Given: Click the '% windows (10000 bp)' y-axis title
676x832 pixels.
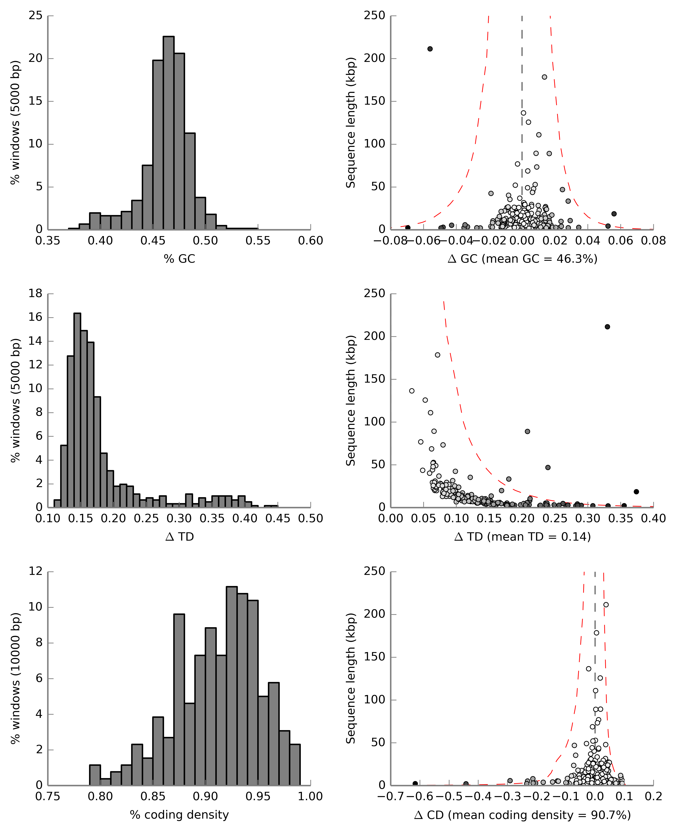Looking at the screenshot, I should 15,678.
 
